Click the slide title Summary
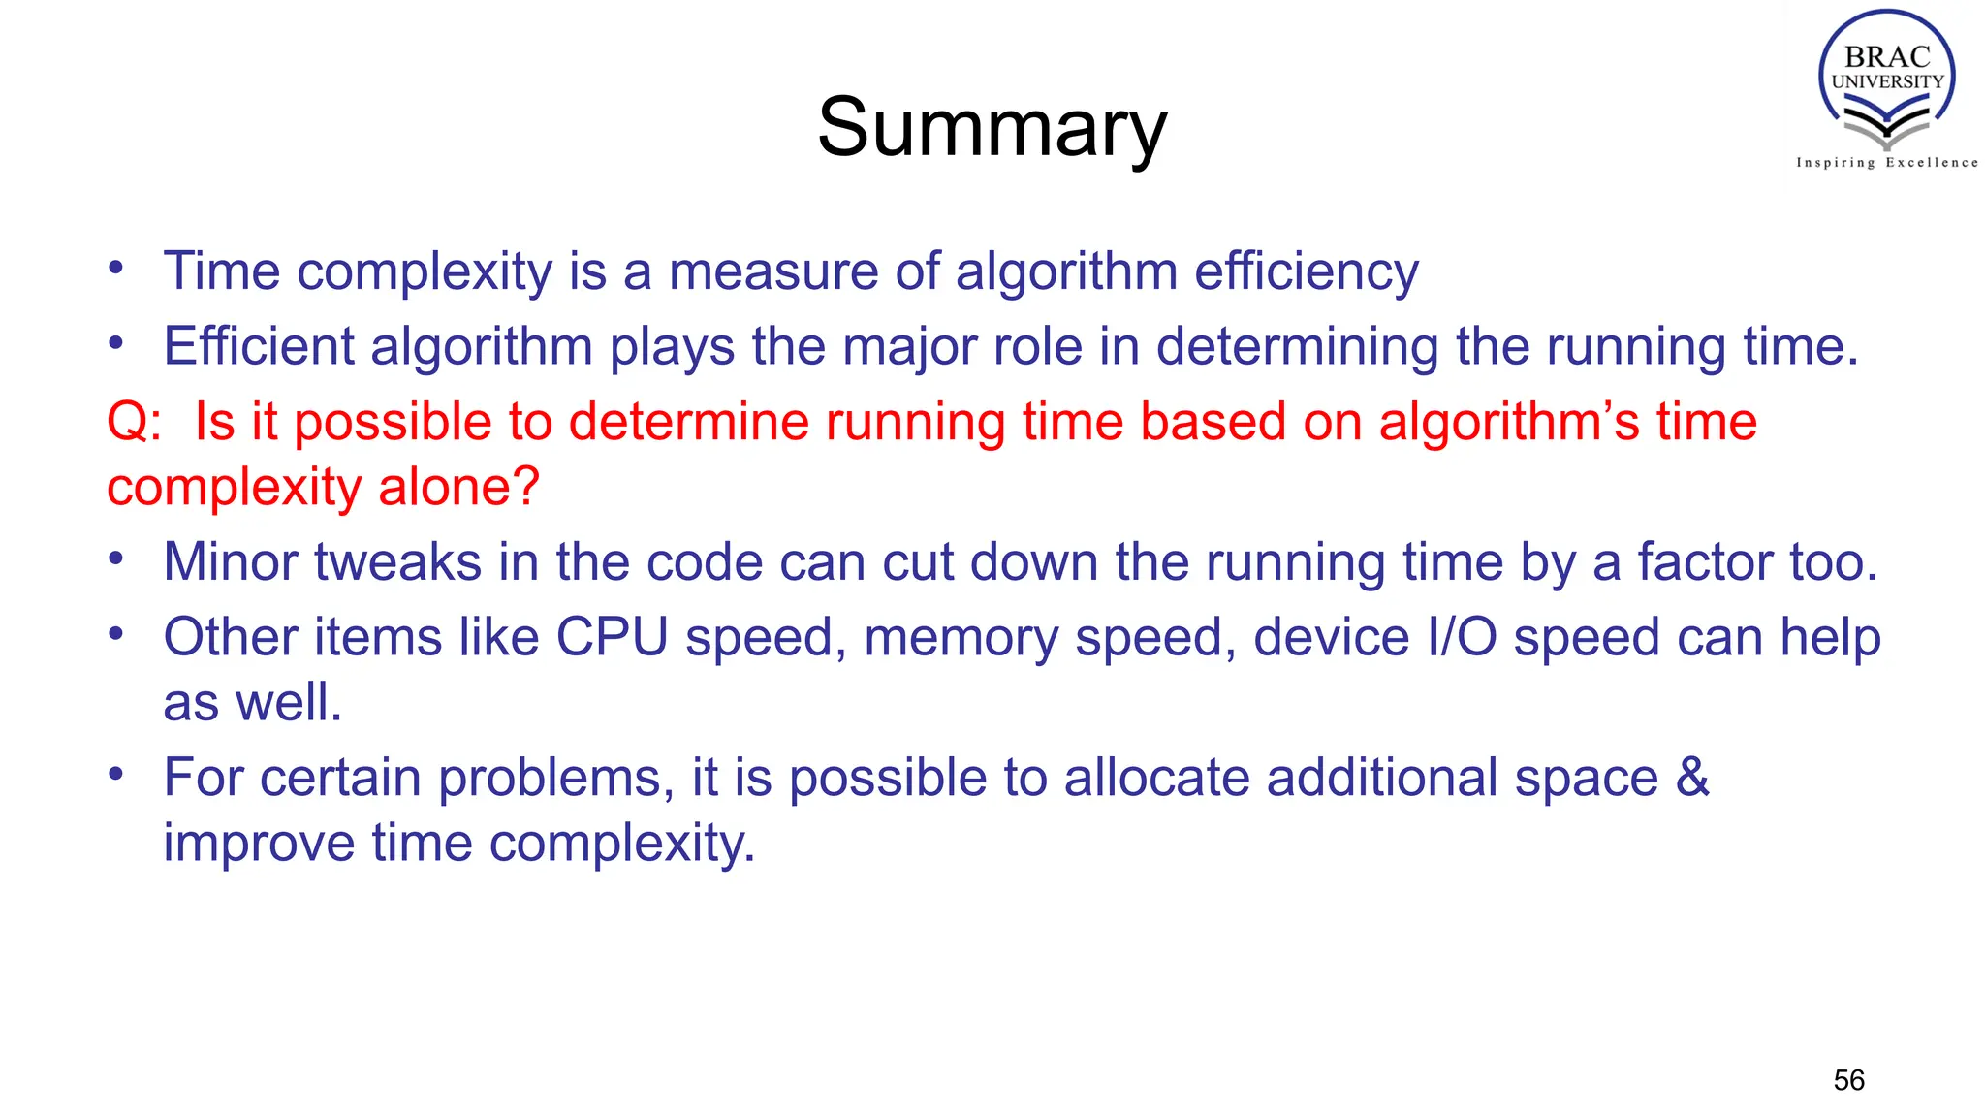pos(992,128)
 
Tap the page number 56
pos(1848,1080)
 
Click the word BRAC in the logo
pos(1887,57)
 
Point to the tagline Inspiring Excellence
pos(1887,163)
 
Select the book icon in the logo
pos(1886,124)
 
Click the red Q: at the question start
pos(134,423)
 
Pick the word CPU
pos(612,638)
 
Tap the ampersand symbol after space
pos(1692,778)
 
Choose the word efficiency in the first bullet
pos(1307,271)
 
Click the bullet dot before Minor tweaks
pos(116,559)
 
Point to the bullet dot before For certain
pos(116,775)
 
